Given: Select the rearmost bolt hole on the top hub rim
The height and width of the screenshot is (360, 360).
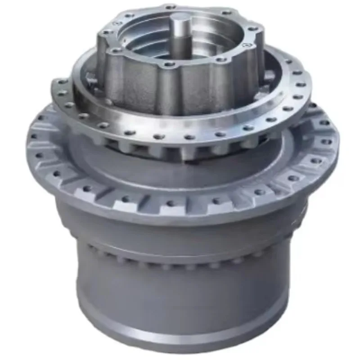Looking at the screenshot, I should pyautogui.click(x=171, y=7).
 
